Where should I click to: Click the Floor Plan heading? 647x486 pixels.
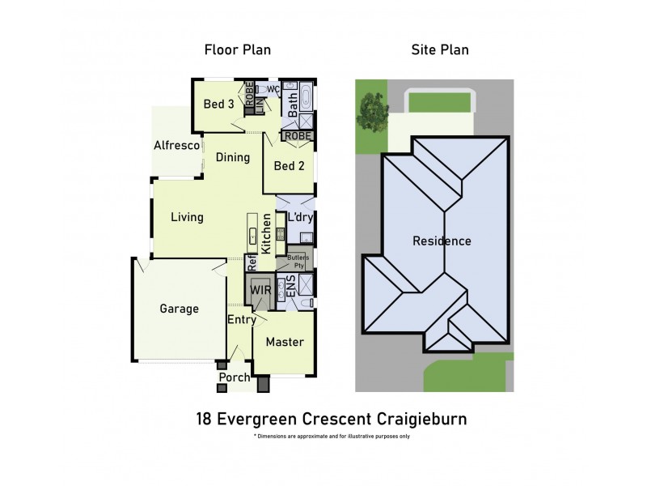(237, 50)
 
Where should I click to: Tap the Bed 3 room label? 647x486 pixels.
(218, 104)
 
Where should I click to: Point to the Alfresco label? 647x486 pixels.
(177, 146)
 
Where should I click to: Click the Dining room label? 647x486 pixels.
(233, 157)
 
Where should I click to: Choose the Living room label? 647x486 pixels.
(187, 217)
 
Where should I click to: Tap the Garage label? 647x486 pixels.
(179, 309)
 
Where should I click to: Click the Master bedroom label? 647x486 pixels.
(285, 342)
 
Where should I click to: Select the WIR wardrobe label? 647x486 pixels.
(260, 290)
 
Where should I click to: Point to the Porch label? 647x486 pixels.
(235, 377)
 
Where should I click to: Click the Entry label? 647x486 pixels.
(241, 320)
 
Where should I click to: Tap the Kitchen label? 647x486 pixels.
(265, 231)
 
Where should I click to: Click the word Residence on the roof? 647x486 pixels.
(442, 241)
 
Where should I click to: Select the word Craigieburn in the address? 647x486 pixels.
(421, 419)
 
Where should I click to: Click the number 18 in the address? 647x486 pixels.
(205, 419)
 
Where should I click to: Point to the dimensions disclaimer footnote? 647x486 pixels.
(332, 437)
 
